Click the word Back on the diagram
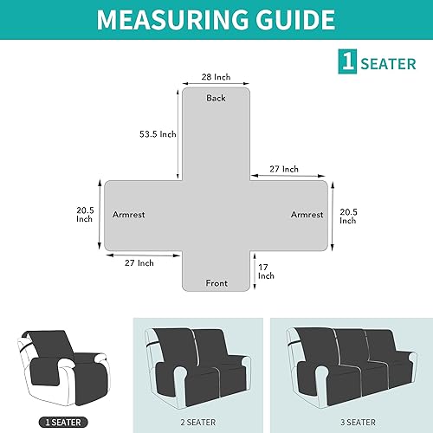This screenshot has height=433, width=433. [216, 98]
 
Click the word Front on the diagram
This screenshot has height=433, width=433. [216, 283]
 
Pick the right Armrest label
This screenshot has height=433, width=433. [307, 214]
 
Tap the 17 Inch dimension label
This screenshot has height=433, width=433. [266, 271]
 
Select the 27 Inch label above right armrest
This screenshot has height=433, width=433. [284, 169]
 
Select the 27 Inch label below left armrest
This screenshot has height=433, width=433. [139, 262]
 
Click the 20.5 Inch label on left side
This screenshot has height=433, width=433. [83, 213]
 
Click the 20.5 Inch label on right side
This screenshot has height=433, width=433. [348, 216]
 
